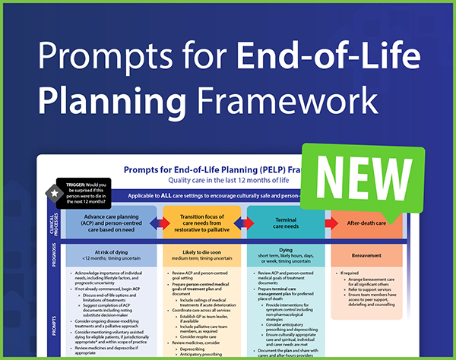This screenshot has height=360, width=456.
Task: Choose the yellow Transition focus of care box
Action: pyautogui.click(x=201, y=225)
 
